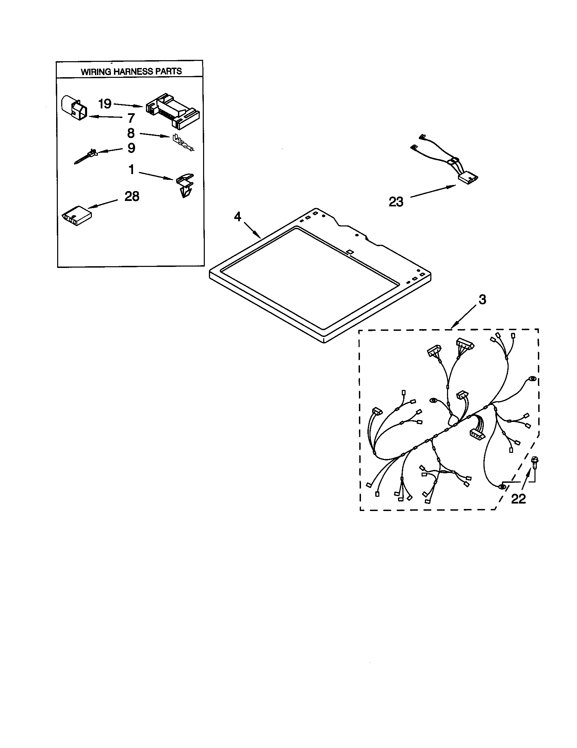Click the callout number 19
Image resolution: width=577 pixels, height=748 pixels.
click(x=105, y=103)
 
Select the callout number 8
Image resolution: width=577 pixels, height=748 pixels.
click(x=131, y=133)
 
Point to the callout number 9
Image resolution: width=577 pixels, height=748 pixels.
click(x=131, y=148)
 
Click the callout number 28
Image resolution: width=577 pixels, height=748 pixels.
click(x=132, y=196)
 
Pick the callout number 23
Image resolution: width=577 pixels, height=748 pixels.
click(x=396, y=202)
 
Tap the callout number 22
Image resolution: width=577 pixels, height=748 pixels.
click(x=518, y=499)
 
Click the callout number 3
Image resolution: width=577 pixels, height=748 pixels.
click(x=482, y=300)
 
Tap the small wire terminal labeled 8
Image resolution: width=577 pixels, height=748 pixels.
click(x=182, y=142)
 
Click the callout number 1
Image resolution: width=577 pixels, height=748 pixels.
click(x=131, y=169)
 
